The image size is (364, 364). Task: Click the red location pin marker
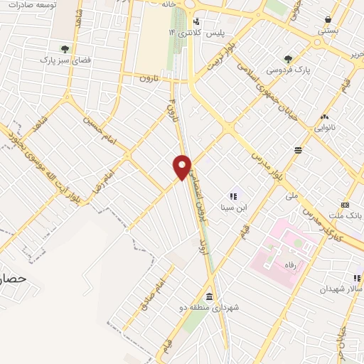click(x=182, y=167)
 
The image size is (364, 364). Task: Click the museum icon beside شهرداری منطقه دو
click(x=209, y=296)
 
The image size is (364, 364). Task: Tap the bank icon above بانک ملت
click(x=346, y=203)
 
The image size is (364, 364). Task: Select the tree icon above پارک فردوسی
click(x=287, y=59)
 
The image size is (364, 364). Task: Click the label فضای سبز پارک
click(x=65, y=60)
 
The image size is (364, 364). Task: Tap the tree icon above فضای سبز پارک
click(x=65, y=49)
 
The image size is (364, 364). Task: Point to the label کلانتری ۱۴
click(x=179, y=33)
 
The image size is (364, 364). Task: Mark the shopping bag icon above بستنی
click(x=328, y=19)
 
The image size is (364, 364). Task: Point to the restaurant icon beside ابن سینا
click(x=232, y=196)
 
